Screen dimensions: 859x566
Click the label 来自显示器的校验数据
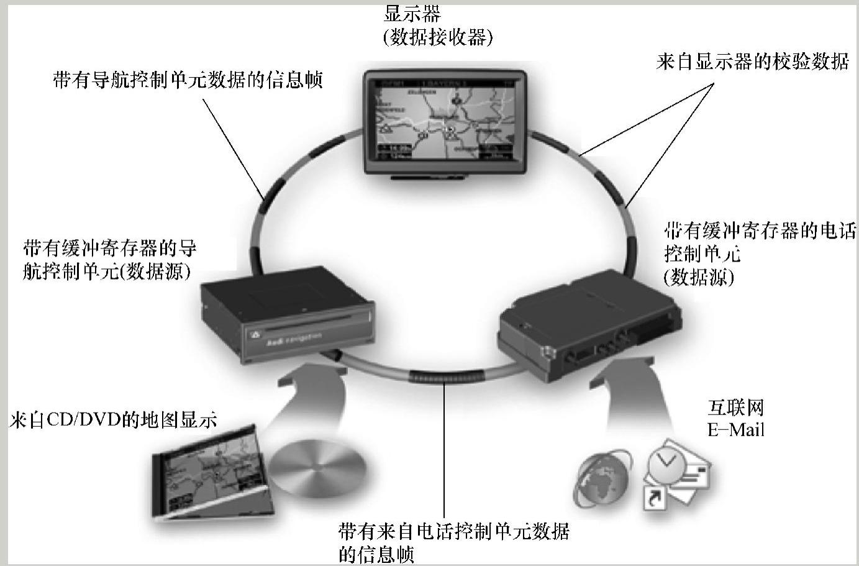pyautogui.click(x=752, y=62)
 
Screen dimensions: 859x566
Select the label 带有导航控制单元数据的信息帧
pyautogui.click(x=188, y=80)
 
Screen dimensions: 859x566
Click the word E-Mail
pyautogui.click(x=735, y=429)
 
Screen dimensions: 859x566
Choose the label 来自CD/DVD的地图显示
pyautogui.click(x=114, y=421)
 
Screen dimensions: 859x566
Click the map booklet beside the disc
pyautogui.click(x=211, y=472)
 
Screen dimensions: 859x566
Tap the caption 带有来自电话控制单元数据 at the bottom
pyautogui.click(x=453, y=532)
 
